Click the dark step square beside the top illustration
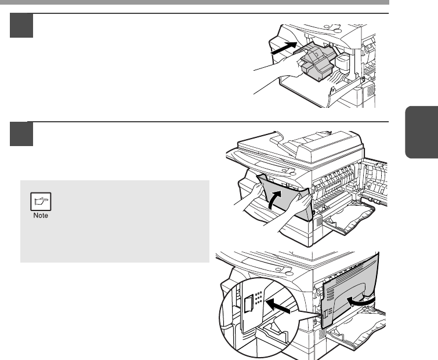click(x=21, y=26)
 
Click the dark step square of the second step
click(x=21, y=134)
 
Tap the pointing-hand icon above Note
click(x=41, y=201)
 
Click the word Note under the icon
click(x=41, y=216)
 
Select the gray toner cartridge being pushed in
click(x=317, y=61)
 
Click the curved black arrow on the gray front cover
click(x=274, y=199)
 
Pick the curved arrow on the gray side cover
click(x=361, y=301)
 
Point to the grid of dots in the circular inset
click(x=258, y=297)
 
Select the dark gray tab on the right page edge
click(x=422, y=132)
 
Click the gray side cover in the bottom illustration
click(x=350, y=290)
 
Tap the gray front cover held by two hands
click(x=285, y=197)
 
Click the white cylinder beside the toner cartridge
click(x=342, y=63)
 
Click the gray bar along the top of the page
click(x=194, y=2)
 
